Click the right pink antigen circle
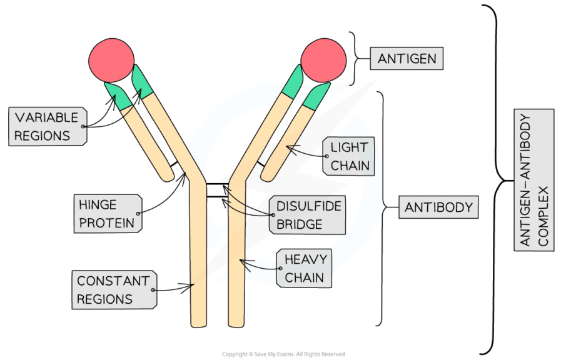tap(323, 61)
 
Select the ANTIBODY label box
tap(438, 207)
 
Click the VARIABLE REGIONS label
tap(48, 126)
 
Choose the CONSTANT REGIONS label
tap(113, 289)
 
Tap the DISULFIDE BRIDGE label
tap(306, 215)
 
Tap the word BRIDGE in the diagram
tap(301, 224)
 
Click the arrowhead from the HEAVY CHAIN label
tap(248, 262)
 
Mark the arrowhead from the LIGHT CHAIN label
tap(288, 147)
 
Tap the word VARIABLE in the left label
tap(47, 117)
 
